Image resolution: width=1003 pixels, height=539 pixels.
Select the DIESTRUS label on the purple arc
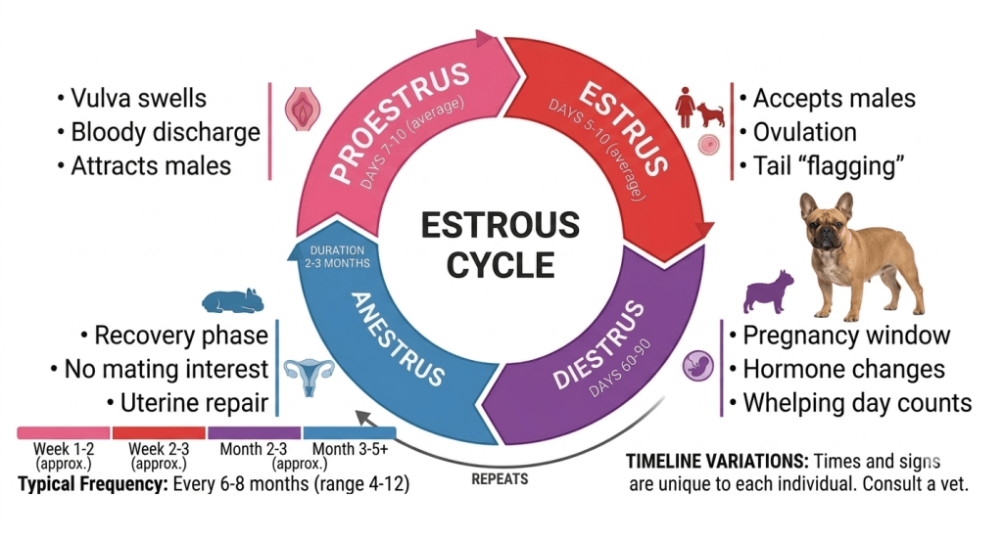click(598, 345)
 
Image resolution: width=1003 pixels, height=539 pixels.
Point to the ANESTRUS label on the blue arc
click(398, 338)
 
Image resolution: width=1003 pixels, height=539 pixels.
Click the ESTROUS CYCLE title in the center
click(501, 245)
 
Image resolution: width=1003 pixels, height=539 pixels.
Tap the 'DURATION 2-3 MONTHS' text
click(337, 256)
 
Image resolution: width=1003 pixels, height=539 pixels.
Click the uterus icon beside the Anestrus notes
click(309, 377)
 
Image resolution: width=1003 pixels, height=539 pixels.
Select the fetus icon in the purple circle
click(697, 366)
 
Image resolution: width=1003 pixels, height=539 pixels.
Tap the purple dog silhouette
click(768, 292)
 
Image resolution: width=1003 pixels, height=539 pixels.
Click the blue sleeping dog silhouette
click(233, 300)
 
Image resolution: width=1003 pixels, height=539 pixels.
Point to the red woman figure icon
click(685, 108)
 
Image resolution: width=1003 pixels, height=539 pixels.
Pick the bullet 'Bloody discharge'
click(159, 132)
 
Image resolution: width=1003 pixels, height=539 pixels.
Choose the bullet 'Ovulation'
click(798, 132)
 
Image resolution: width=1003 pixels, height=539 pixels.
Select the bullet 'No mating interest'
click(160, 369)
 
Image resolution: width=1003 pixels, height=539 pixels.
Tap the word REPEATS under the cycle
click(500, 479)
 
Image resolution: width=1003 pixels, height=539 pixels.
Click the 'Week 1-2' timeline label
click(64, 449)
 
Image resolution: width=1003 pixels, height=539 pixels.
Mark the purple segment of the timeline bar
click(254, 433)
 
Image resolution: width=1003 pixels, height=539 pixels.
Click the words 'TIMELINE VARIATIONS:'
click(717, 461)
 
